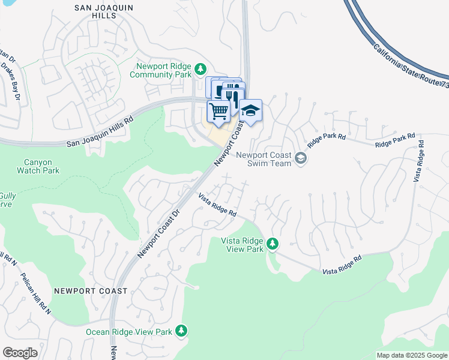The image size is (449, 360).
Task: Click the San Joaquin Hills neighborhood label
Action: pos(103,13)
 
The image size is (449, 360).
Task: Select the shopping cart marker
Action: pos(218,110)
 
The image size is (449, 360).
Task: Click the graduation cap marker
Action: pos(251,110)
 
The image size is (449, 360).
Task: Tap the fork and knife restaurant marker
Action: pos(234,95)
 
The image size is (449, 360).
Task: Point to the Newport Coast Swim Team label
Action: pos(264,159)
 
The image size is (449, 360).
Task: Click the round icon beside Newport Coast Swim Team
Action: pos(301,158)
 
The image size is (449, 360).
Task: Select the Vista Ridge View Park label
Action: pos(243,244)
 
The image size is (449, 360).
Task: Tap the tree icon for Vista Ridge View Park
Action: pos(273,244)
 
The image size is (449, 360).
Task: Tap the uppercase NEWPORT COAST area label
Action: pos(90,291)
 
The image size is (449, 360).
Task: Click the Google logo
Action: pos(20,353)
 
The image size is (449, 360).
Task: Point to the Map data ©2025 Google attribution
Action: pos(411,355)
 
